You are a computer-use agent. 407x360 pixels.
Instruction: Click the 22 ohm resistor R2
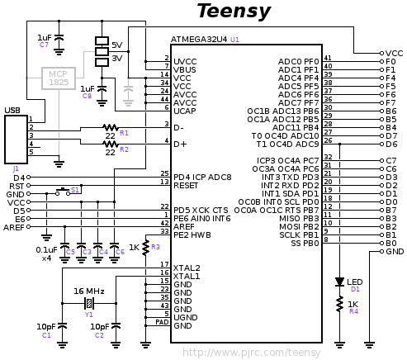click(x=110, y=144)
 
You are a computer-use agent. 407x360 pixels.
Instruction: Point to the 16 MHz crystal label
click(x=89, y=291)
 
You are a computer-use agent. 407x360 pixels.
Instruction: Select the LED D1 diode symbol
click(x=339, y=282)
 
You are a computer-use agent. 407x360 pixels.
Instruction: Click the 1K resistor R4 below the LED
click(x=339, y=306)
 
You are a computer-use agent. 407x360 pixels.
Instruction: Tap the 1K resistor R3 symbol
click(x=145, y=245)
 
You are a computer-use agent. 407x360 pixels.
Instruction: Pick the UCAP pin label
click(x=185, y=110)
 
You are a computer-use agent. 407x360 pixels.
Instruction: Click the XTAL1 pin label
click(x=187, y=276)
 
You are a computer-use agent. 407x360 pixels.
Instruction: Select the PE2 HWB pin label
click(x=192, y=234)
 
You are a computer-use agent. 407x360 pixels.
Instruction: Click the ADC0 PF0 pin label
click(x=299, y=61)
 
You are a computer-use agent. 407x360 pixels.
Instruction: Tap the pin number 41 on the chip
click(x=328, y=58)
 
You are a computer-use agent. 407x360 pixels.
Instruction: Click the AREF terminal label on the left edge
click(x=14, y=227)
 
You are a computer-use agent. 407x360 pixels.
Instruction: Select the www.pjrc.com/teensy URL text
click(x=251, y=352)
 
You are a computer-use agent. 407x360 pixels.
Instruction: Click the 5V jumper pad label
click(x=116, y=45)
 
